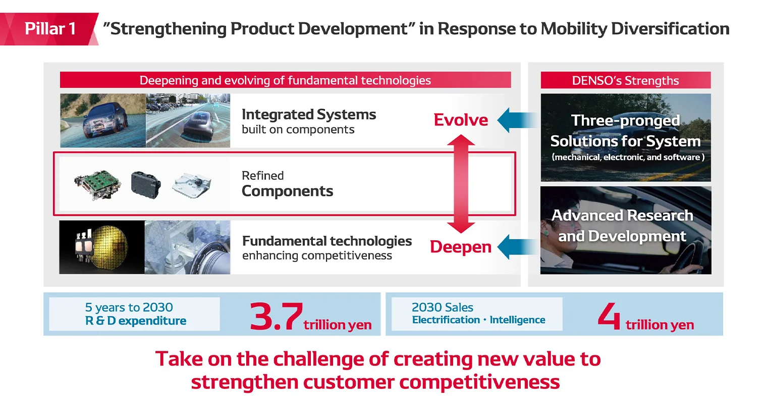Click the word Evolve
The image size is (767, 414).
[x=461, y=120]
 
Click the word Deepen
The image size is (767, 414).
[x=461, y=247]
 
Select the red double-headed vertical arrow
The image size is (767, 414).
[x=461, y=183]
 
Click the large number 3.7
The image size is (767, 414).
[x=276, y=317]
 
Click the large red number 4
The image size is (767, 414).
[x=609, y=316]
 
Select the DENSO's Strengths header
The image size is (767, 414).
[x=625, y=80]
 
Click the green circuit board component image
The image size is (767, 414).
[x=97, y=184]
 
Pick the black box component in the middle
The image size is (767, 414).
[x=146, y=184]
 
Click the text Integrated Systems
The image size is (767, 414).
[x=308, y=115]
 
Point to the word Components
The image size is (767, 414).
[x=287, y=191]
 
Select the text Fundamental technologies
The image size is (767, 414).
[x=326, y=241]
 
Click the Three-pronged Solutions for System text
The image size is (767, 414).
[x=625, y=131]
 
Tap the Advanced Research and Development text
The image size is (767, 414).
[x=622, y=226]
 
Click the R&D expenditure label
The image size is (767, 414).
[x=135, y=321]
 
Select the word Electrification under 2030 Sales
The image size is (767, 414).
[x=446, y=320]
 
